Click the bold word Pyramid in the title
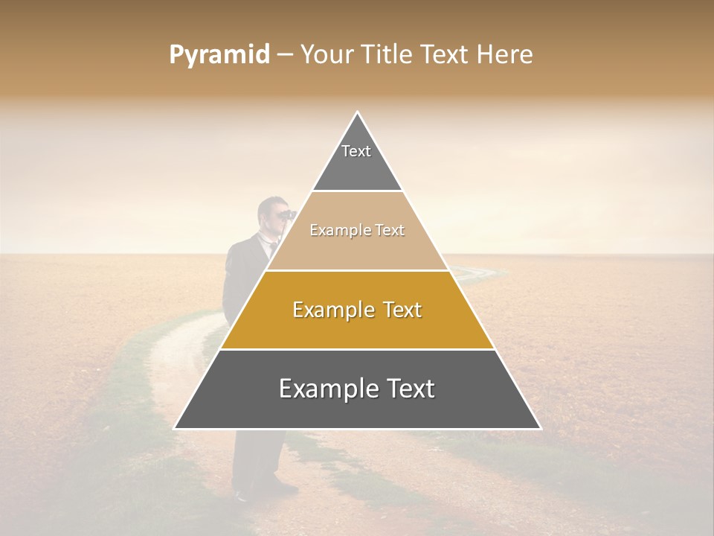pos(219,55)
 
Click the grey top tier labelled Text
pos(356,160)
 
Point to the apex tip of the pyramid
pos(358,113)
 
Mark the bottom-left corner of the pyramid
pos(176,428)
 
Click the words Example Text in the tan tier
pos(357,230)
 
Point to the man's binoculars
pos(286,214)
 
